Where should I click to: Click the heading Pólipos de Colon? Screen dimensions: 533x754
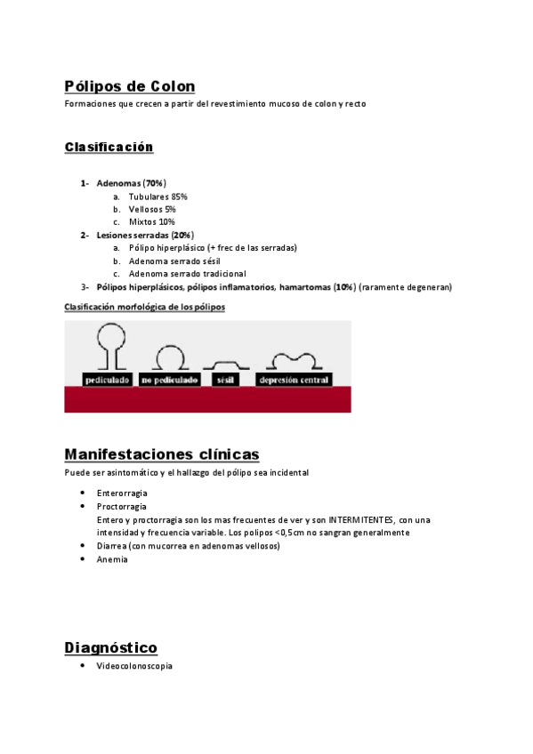tap(130, 86)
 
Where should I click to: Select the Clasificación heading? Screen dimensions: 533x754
tap(109, 147)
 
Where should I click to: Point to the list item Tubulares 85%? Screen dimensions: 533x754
tap(157, 197)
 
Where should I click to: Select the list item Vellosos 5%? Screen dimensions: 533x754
tap(152, 209)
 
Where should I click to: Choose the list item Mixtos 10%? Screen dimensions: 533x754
tap(151, 222)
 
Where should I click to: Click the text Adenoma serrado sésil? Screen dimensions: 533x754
tap(174, 261)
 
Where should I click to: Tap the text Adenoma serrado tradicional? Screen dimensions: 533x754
tap(187, 275)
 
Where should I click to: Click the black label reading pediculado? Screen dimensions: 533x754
tap(107, 380)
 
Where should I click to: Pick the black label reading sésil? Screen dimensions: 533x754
tap(224, 380)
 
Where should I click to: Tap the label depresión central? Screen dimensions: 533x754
tap(294, 380)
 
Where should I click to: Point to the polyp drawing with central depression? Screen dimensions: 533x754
tap(294, 360)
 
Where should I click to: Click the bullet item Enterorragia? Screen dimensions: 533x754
tap(122, 493)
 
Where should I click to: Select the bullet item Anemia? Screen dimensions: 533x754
tap(112, 559)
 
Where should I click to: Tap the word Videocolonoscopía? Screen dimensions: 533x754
tap(134, 666)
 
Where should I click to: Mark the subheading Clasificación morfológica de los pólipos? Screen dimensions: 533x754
tap(145, 307)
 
